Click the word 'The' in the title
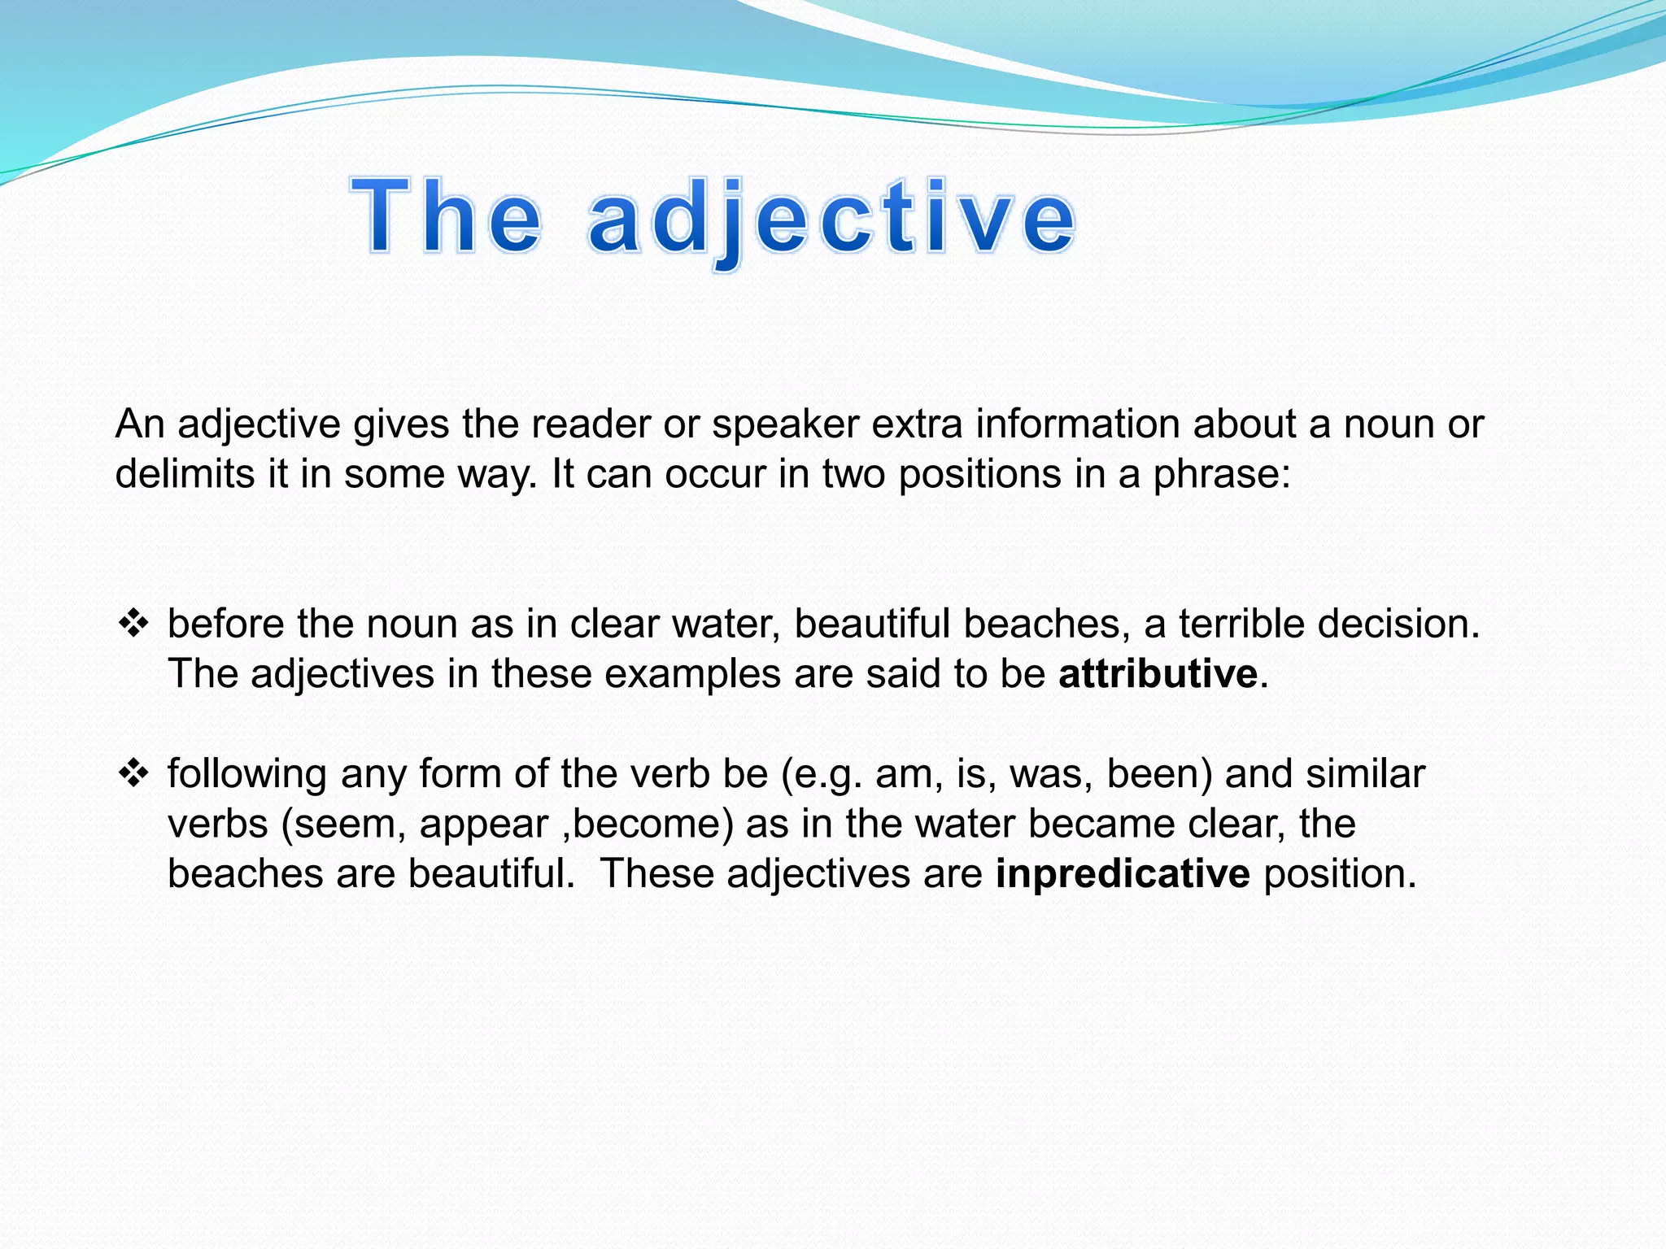446,218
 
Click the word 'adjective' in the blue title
831,218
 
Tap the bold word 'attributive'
1158,674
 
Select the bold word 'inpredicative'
1123,874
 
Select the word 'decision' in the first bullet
1398,624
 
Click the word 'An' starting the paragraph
140,424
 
